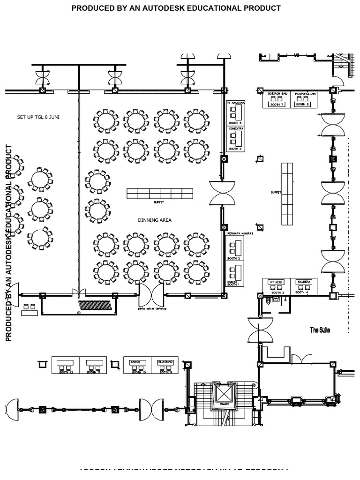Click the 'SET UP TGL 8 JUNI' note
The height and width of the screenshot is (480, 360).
pyautogui.click(x=38, y=117)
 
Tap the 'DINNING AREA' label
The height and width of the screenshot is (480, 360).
pyautogui.click(x=154, y=220)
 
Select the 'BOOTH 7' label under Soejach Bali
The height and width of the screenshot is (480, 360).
pyautogui.click(x=277, y=104)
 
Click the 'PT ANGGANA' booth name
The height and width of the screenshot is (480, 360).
pyautogui.click(x=235, y=102)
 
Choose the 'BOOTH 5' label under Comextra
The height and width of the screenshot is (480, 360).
pyautogui.click(x=235, y=149)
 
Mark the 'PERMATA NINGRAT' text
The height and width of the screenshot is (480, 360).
pyautogui.click(x=240, y=233)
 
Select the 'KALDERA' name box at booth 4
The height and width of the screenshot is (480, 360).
pyautogui.click(x=304, y=282)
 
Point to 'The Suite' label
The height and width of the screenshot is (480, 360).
pyautogui.click(x=320, y=330)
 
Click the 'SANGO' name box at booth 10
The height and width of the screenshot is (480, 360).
pyautogui.click(x=136, y=362)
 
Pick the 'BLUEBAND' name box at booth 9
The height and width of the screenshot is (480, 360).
pyautogui.click(x=165, y=362)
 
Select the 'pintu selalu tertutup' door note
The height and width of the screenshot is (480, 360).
pyautogui.click(x=152, y=309)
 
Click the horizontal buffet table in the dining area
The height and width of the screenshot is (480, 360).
pyautogui.click(x=160, y=193)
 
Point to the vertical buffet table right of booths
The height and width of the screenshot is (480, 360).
pyautogui.click(x=287, y=194)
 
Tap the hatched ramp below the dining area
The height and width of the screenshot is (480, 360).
pyautogui.click(x=96, y=306)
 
